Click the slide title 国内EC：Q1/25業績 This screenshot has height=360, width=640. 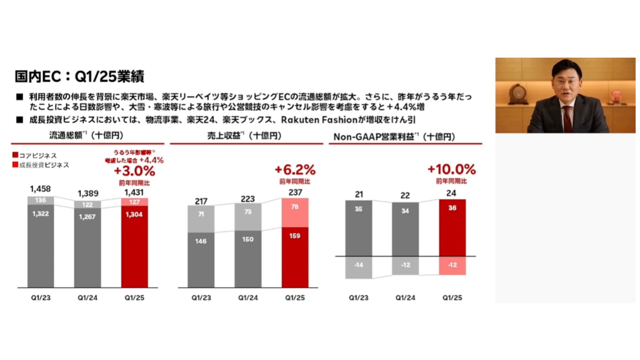(79, 76)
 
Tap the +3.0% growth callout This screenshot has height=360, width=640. (134, 171)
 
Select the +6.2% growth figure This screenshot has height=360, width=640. (295, 170)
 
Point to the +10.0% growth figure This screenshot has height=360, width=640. (452, 169)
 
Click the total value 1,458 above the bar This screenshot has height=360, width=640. (40, 189)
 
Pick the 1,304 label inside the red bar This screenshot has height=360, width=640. (134, 214)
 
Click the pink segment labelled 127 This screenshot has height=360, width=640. (134, 202)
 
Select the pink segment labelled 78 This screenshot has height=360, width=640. (295, 213)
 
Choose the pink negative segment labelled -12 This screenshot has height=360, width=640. (452, 265)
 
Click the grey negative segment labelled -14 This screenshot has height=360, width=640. (359, 267)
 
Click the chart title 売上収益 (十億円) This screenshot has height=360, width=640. (245, 136)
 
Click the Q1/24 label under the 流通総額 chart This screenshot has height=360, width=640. (87, 298)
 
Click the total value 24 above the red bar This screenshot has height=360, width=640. (451, 193)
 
